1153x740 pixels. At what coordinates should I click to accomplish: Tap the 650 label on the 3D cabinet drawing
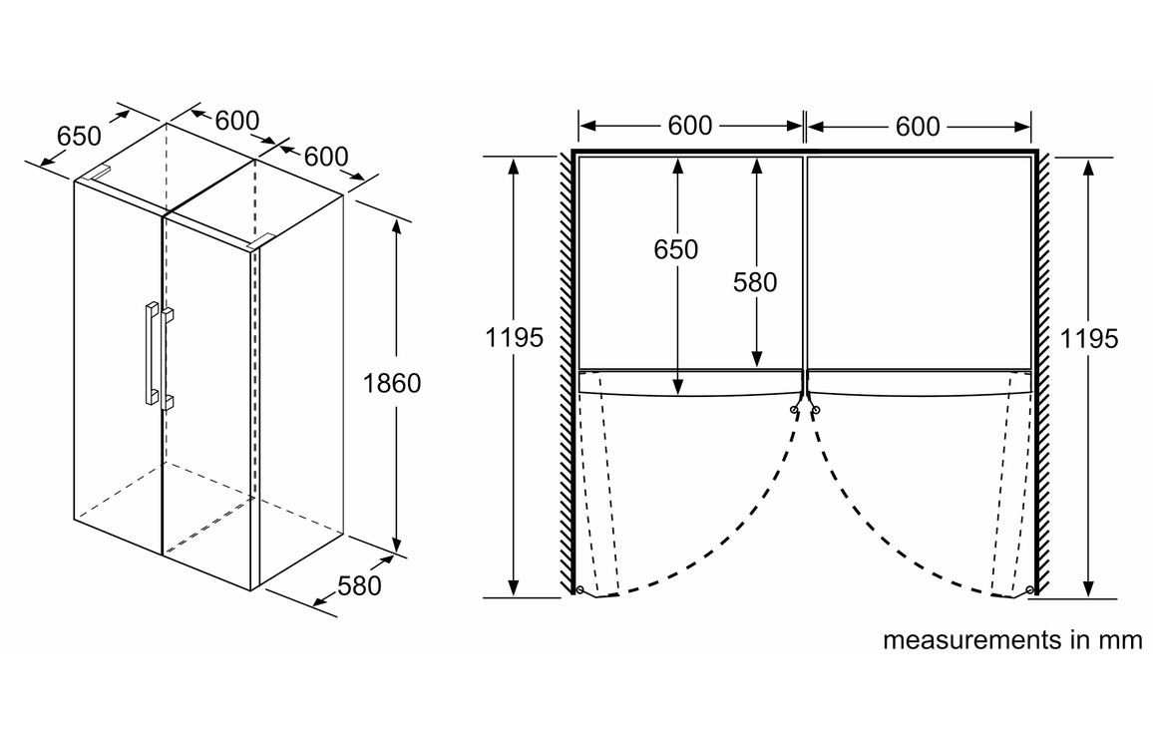tap(79, 135)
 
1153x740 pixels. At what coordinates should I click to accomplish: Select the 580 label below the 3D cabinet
tap(360, 585)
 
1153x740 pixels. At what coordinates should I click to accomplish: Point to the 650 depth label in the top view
tap(676, 250)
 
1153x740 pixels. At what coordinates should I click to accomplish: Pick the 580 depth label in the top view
tap(755, 282)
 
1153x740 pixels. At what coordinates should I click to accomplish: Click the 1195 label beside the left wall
tap(515, 339)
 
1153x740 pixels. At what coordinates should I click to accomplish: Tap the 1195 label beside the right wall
tap(1089, 339)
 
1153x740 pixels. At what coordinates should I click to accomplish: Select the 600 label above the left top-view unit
tap(690, 126)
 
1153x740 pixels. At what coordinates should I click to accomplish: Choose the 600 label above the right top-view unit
tap(918, 126)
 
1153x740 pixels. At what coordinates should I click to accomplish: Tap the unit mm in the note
tap(1120, 639)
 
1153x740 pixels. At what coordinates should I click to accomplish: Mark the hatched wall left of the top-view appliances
tap(567, 369)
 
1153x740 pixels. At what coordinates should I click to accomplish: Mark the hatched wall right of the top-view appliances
tap(1043, 369)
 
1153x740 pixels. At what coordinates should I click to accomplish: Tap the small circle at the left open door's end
tap(579, 589)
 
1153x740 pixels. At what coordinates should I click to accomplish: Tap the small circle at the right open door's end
tap(1030, 589)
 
